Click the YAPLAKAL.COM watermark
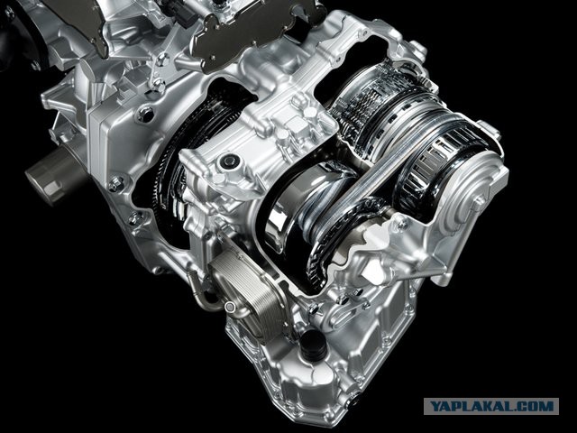click(x=491, y=406)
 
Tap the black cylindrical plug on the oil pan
click(x=313, y=345)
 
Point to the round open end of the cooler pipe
click(x=230, y=307)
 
